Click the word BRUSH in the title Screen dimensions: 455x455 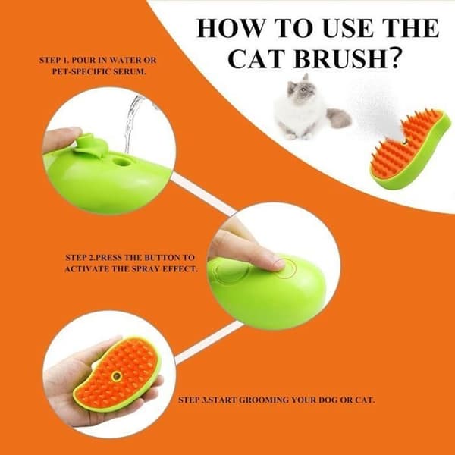(340, 58)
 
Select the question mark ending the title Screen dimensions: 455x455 (397, 58)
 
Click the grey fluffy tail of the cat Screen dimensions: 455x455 (339, 118)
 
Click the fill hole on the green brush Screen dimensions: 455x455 (121, 162)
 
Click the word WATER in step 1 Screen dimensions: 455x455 (125, 60)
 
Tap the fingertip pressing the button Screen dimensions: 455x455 (276, 264)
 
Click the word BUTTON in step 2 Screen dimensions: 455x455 (162, 257)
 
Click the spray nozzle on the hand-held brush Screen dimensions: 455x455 (117, 376)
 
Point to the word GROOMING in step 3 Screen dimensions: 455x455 (264, 400)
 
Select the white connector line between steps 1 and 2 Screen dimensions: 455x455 (203, 193)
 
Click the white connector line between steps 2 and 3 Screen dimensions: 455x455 (209, 343)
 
